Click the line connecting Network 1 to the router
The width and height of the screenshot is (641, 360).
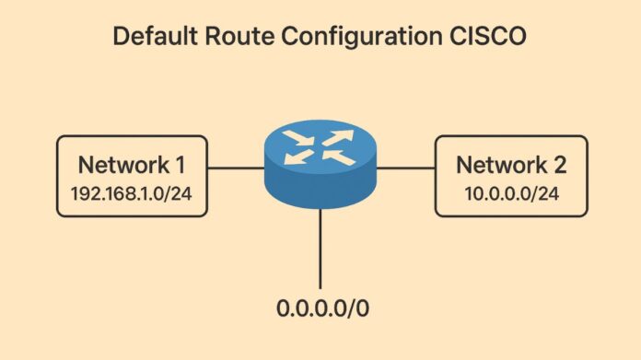(x=235, y=168)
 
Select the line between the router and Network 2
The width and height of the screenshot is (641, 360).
(x=406, y=168)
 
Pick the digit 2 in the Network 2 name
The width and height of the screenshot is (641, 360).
(x=560, y=165)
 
